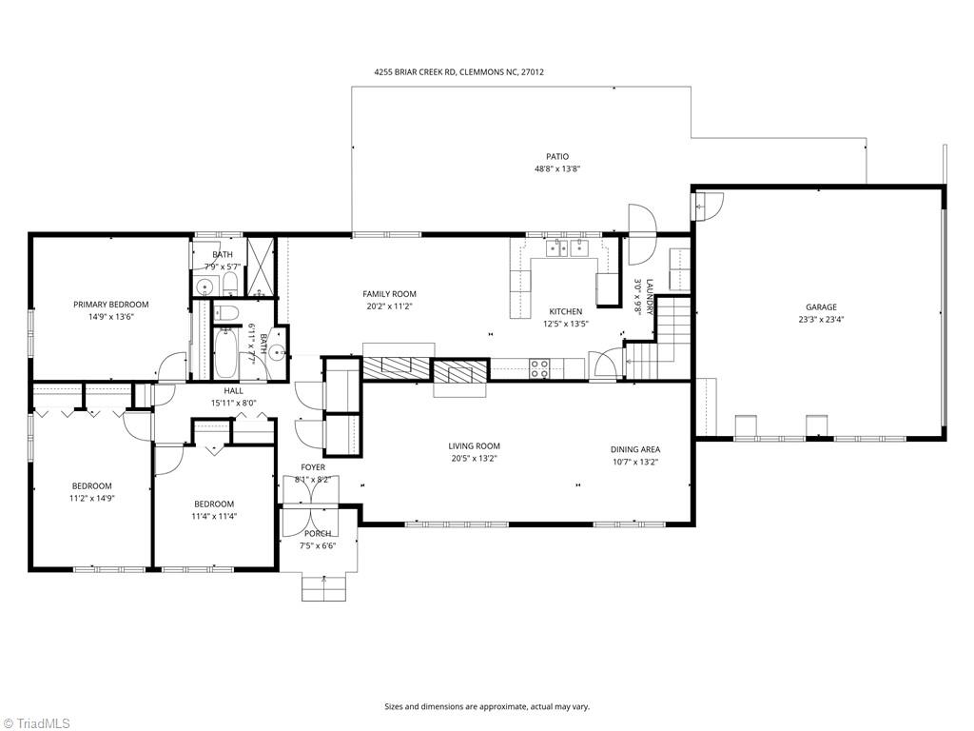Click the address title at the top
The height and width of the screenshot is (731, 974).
(x=458, y=71)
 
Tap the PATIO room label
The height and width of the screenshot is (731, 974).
(x=556, y=156)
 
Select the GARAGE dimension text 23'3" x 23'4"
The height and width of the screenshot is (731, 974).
(x=821, y=320)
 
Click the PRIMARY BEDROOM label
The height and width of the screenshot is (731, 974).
(x=111, y=305)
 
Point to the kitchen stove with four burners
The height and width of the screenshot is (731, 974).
(x=538, y=368)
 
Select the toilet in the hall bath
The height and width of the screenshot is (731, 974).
(x=225, y=313)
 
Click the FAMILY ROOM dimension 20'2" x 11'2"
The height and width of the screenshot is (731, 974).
(x=389, y=306)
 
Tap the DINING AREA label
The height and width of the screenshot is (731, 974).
(x=634, y=449)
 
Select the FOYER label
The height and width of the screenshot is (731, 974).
(x=313, y=467)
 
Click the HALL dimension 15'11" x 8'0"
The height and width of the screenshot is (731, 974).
(x=233, y=403)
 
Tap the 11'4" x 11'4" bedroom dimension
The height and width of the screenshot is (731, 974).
(x=214, y=517)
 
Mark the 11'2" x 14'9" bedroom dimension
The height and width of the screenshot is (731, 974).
(x=92, y=498)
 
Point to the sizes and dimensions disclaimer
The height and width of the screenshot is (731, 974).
(x=487, y=706)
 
